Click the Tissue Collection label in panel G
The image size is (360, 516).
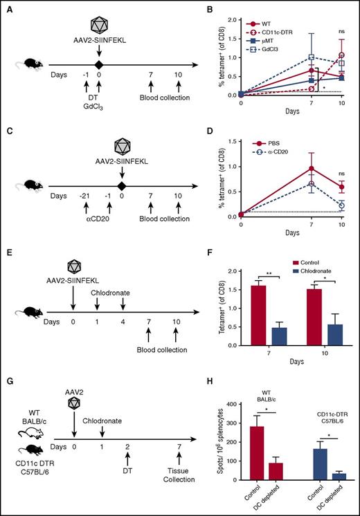click(179, 493)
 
